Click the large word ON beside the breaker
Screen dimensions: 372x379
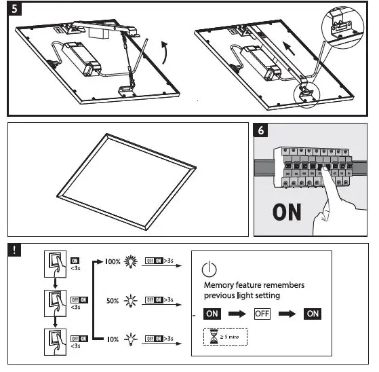pyautogui.click(x=287, y=212)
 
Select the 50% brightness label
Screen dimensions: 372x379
pyautogui.click(x=113, y=299)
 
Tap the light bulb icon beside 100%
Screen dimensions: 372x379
pyautogui.click(x=132, y=261)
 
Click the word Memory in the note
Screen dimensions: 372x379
pyautogui.click(x=221, y=285)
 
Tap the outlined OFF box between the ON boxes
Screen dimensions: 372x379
pyautogui.click(x=262, y=314)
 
